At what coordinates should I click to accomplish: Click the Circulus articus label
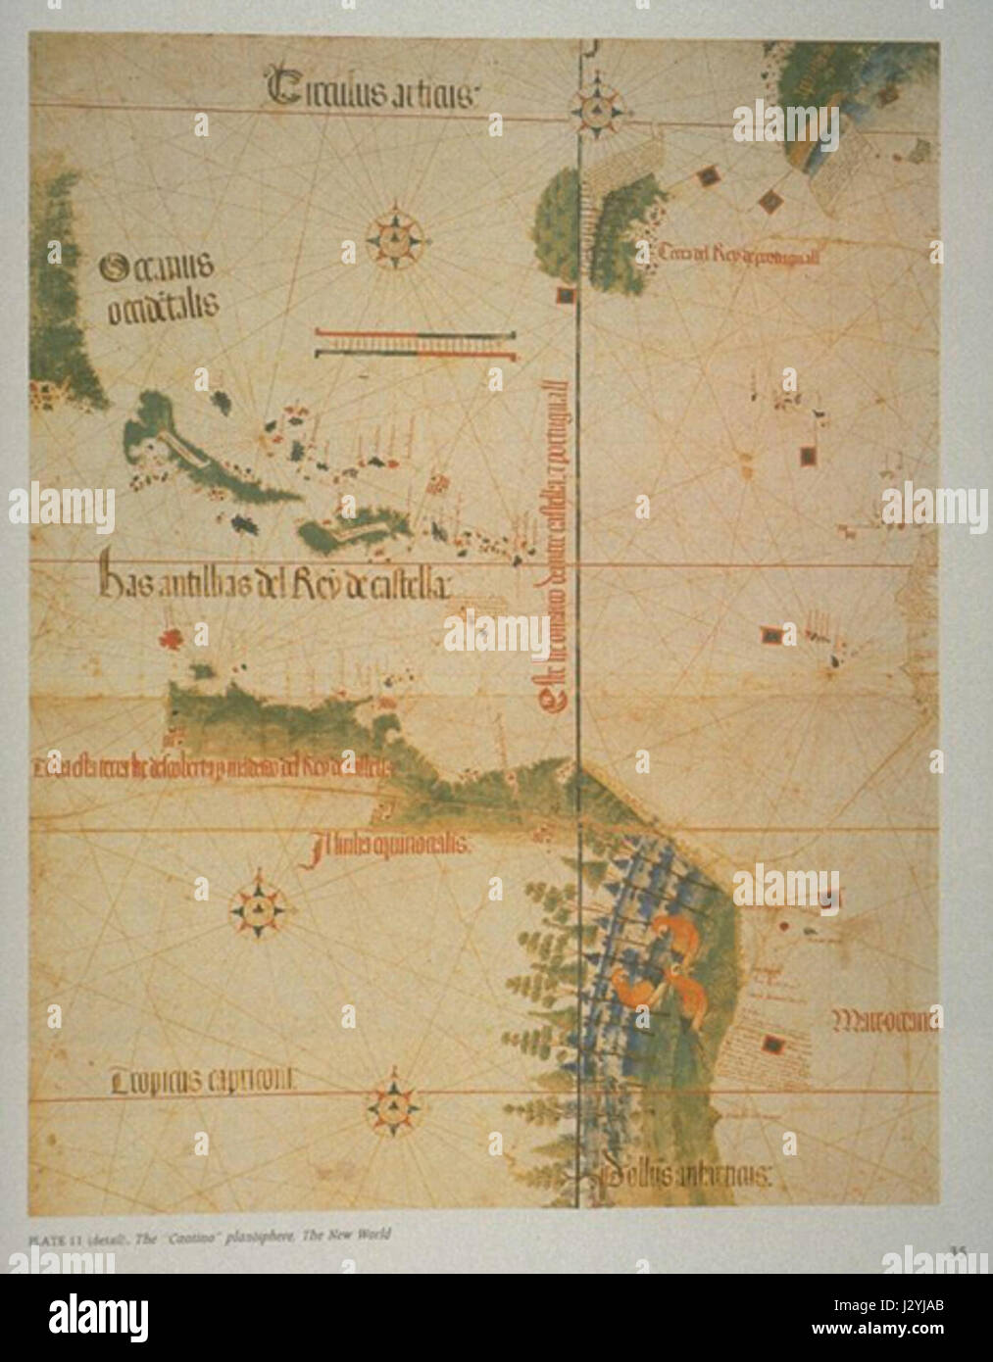[x=372, y=90]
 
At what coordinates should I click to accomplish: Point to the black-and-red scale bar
[x=416, y=345]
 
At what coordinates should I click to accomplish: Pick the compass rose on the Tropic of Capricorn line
[x=394, y=1106]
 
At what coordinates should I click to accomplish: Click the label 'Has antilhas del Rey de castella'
[x=274, y=585]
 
